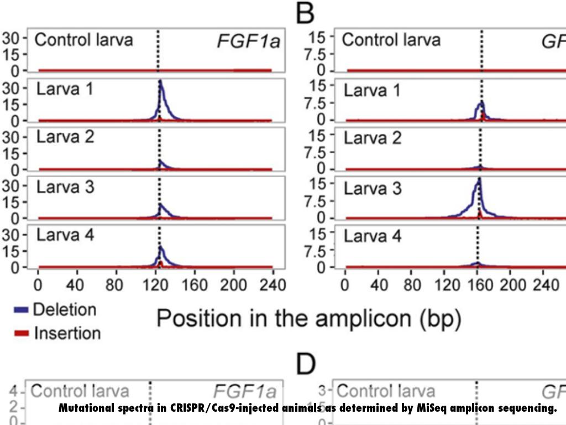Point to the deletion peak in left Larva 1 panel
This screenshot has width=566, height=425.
(160, 82)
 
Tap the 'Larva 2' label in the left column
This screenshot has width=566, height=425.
(65, 137)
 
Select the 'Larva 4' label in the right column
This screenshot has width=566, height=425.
(373, 236)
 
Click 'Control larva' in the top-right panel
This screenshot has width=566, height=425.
(391, 40)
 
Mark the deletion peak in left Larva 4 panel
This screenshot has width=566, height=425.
(161, 247)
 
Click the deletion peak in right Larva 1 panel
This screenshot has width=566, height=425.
(481, 103)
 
